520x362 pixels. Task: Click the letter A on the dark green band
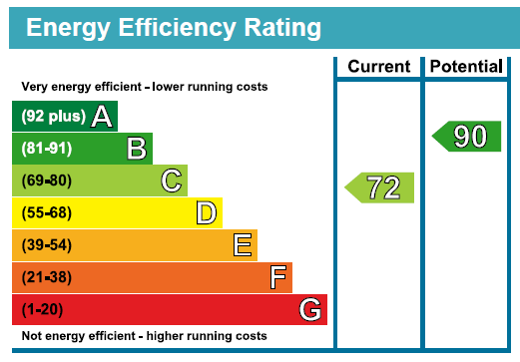(x=101, y=118)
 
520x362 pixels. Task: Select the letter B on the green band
(x=137, y=150)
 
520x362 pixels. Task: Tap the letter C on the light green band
(x=172, y=181)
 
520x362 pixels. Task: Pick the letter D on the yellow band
(x=207, y=213)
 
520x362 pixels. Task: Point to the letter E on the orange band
(x=242, y=245)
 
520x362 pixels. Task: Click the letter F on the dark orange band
(x=277, y=277)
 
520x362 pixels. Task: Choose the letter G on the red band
(x=311, y=310)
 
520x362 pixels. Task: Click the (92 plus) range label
(x=53, y=118)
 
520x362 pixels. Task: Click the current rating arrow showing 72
(x=380, y=187)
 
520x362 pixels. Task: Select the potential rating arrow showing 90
(x=467, y=137)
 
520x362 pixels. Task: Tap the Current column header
(x=378, y=67)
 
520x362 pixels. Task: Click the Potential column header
(x=466, y=67)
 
